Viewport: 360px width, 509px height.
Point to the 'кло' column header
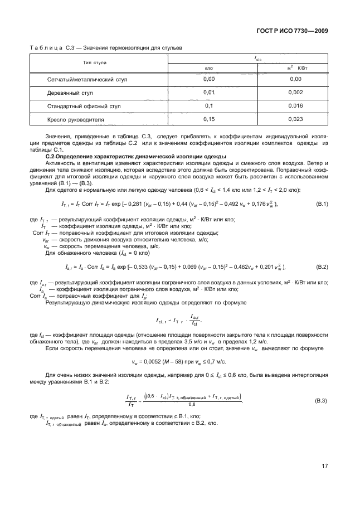point(209,68)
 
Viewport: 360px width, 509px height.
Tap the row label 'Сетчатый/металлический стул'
point(87,79)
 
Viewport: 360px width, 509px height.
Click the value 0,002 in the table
point(296,92)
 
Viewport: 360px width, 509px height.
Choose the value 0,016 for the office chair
point(296,105)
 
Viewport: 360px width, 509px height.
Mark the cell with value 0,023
point(296,119)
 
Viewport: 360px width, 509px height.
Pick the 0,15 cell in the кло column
point(209,119)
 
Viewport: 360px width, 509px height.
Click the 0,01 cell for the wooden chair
point(209,92)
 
